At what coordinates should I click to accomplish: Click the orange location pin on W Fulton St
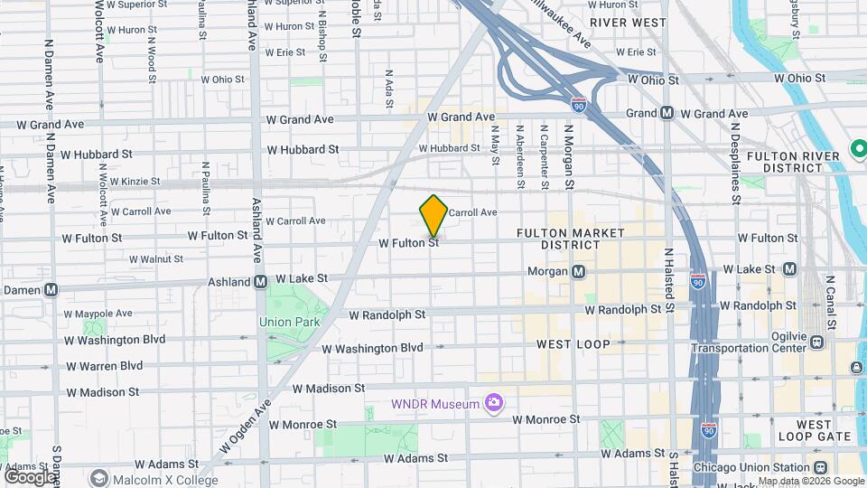point(433,216)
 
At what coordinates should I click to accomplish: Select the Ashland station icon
point(260,282)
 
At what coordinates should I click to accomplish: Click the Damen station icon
point(51,290)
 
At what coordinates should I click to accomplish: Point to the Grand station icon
point(667,113)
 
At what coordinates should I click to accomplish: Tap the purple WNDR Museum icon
point(493,402)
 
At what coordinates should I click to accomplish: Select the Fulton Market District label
point(571,239)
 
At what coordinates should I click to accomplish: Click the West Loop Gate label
point(825,430)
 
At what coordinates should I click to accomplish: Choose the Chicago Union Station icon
point(820,467)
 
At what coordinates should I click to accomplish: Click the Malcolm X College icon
point(98,477)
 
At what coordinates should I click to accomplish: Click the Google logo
point(30,476)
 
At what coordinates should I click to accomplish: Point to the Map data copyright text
point(811,481)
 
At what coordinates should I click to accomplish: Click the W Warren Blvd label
point(105,366)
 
